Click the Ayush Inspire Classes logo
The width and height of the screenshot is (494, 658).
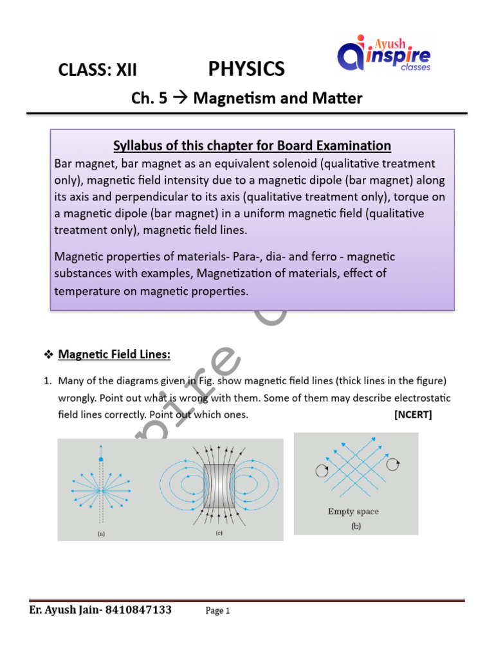click(x=384, y=54)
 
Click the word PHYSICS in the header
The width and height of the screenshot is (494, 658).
click(x=246, y=69)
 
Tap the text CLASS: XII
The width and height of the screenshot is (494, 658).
click(x=98, y=70)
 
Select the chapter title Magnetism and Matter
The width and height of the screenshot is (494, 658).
click(x=278, y=98)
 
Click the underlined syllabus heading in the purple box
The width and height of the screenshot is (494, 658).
click(x=252, y=145)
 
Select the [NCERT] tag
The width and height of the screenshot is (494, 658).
click(x=413, y=414)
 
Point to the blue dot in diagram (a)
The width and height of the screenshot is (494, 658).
click(x=100, y=459)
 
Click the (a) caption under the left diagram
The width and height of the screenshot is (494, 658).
click(x=100, y=533)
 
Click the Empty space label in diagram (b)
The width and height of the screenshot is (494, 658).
click(x=353, y=511)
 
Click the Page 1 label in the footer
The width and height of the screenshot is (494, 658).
click(x=218, y=611)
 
